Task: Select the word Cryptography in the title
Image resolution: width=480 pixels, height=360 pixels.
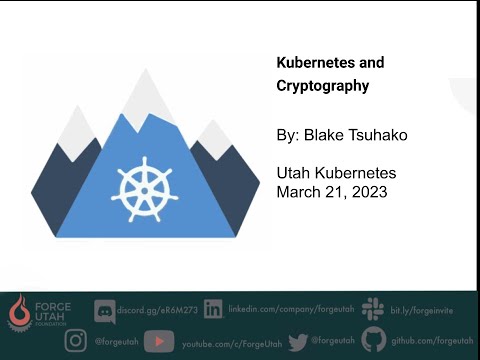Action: [323, 86]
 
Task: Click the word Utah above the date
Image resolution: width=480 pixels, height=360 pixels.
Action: [294, 172]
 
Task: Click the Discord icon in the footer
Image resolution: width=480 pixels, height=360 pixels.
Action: [105, 310]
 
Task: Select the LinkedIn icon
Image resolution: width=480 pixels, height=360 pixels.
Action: [212, 310]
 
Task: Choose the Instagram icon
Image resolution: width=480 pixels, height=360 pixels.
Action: [76, 340]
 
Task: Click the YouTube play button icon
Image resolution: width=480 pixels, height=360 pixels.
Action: [159, 341]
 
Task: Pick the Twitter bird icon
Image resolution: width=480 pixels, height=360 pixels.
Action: [297, 341]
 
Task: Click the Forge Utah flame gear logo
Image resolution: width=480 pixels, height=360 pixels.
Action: [17, 311]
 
